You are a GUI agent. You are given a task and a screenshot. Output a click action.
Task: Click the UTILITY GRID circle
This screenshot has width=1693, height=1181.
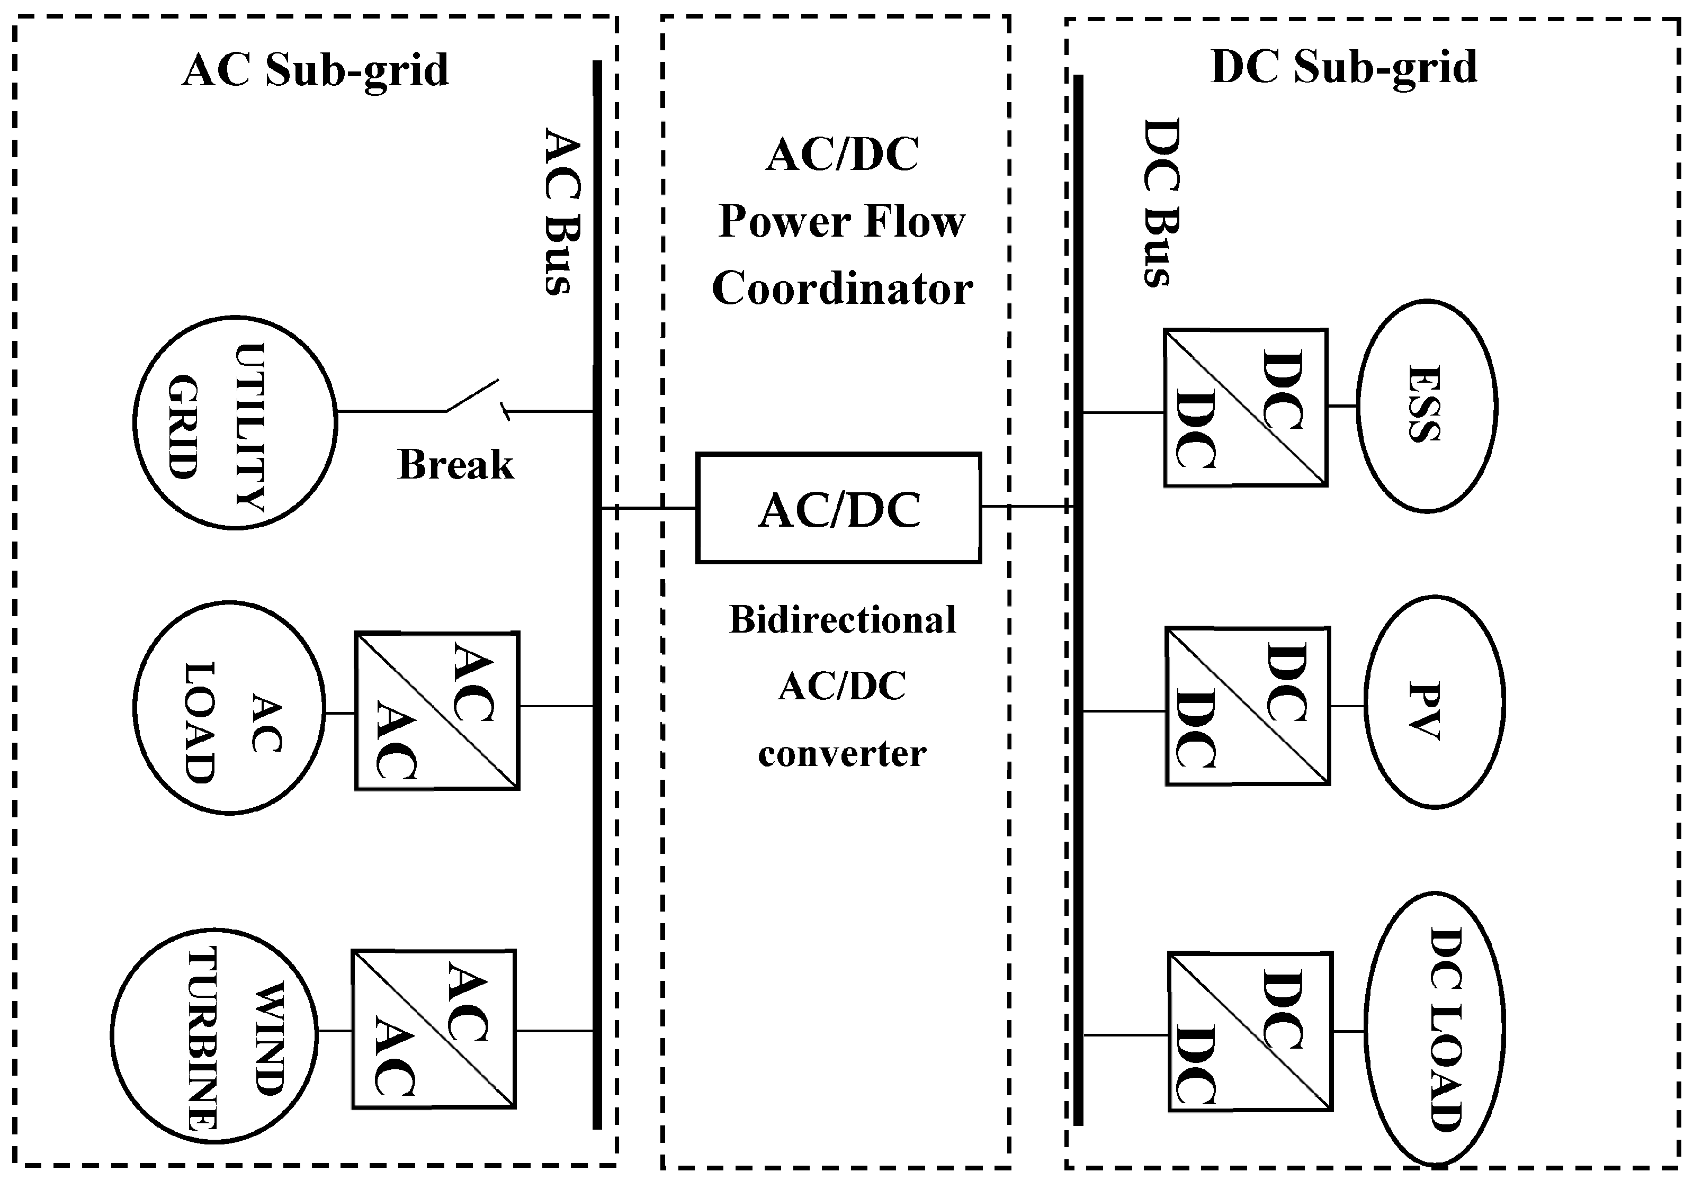[x=235, y=422]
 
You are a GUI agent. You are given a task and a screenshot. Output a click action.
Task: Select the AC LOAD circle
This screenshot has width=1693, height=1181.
[x=229, y=708]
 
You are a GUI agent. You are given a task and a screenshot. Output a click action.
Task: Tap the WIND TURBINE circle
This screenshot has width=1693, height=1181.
[x=214, y=1035]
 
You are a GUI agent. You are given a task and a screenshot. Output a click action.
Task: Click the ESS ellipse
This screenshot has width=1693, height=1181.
[x=1426, y=405]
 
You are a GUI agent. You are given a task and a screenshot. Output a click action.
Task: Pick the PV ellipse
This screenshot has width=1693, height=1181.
[x=1434, y=702]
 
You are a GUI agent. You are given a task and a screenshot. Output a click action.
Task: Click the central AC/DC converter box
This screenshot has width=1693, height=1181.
[x=838, y=509]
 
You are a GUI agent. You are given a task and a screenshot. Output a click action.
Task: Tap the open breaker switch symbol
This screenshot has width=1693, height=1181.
[x=473, y=398]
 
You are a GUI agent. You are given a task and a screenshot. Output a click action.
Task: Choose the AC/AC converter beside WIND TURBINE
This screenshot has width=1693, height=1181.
[x=434, y=1029]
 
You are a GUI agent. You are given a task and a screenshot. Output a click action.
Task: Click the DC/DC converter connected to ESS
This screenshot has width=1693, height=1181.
[x=1246, y=408]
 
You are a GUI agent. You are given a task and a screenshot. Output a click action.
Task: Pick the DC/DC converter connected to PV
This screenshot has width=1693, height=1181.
[x=1248, y=706]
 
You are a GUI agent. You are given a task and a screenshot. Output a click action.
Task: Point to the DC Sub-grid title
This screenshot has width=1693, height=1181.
[x=1343, y=68]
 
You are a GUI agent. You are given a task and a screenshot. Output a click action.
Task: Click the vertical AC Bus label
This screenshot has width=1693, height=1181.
[x=562, y=212]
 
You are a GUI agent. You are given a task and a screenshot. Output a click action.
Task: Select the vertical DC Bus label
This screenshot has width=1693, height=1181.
[x=1162, y=203]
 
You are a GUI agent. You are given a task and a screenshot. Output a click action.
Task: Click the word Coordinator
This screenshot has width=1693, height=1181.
[x=841, y=289]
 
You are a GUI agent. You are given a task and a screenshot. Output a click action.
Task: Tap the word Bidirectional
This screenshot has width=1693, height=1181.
[x=842, y=619]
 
